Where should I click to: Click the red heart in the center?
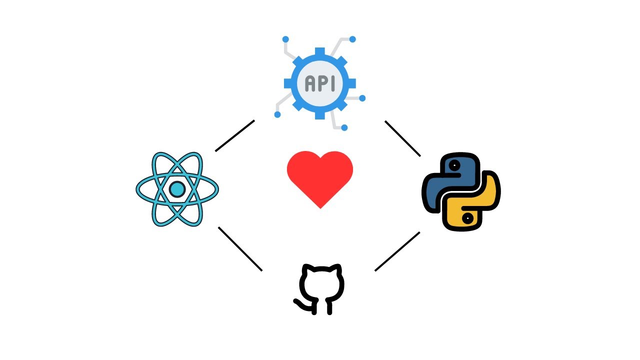(x=320, y=177)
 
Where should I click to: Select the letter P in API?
(x=320, y=83)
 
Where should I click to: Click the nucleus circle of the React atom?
(x=177, y=189)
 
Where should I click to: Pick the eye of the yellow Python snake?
(x=467, y=218)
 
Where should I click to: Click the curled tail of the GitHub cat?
(x=300, y=303)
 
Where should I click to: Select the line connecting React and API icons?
(x=235, y=135)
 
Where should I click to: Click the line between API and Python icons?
(x=402, y=138)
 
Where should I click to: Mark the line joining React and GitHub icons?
(x=240, y=249)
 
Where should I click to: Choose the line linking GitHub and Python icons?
(x=397, y=251)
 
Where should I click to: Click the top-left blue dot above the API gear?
(x=285, y=39)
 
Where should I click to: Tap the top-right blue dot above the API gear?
(x=352, y=39)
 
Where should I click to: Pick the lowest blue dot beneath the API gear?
(x=344, y=128)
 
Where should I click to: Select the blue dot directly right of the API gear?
(x=362, y=98)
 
